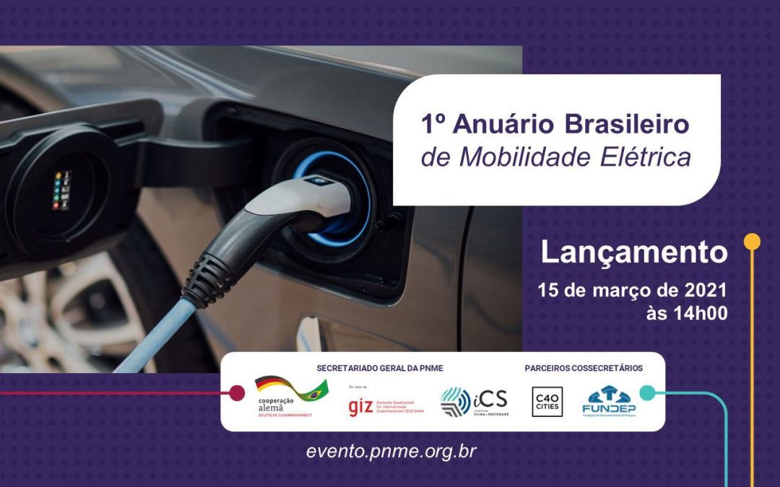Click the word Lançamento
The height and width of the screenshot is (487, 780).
633,253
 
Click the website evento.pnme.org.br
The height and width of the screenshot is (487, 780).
391,452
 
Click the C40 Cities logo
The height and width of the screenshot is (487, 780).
547,402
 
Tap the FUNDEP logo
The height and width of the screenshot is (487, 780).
609,400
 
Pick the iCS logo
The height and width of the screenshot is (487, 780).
474,401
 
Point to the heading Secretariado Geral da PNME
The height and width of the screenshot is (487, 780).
379,369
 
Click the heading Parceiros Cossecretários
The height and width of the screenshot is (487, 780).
584,369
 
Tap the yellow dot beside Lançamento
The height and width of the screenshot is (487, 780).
752,242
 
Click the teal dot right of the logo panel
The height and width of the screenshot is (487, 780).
647,392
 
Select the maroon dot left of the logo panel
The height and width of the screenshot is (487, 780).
236,393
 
